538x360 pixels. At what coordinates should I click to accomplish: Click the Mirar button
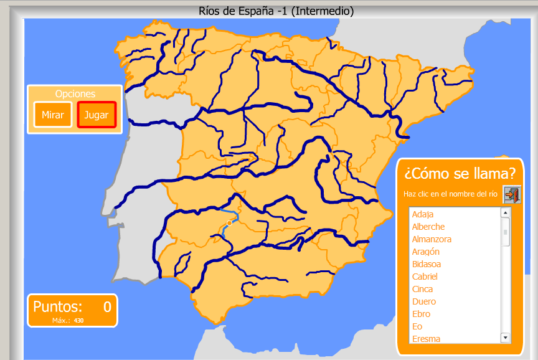pos(52,115)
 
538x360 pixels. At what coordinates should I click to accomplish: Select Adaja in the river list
pos(422,214)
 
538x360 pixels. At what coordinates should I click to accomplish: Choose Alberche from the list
pos(428,227)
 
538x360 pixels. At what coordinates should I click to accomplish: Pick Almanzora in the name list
pos(432,239)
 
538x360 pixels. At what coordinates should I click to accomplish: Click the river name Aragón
pos(425,252)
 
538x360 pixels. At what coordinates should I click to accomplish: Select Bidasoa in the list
pos(426,264)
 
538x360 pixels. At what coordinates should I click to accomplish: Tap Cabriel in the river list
pos(425,277)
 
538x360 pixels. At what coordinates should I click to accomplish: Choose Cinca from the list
pos(422,289)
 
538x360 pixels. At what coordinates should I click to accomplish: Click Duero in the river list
pos(423,301)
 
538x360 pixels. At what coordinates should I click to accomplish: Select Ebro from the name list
pos(421,314)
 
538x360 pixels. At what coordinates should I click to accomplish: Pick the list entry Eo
pos(417,326)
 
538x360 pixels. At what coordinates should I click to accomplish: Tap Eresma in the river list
pos(426,339)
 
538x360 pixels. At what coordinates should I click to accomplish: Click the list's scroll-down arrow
pos(505,338)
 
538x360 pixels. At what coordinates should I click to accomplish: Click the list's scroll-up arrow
pos(505,212)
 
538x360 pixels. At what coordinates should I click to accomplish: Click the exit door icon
pos(511,194)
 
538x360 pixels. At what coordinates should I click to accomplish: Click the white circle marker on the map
pos(229,222)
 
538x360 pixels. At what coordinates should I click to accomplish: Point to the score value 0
pos(107,306)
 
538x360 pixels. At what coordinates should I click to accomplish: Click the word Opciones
pos(75,94)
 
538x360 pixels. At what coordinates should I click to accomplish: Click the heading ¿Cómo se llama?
pos(460,172)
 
